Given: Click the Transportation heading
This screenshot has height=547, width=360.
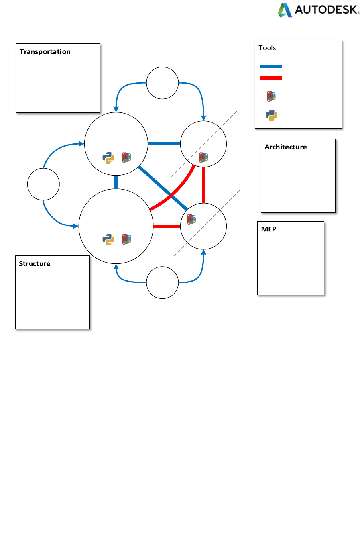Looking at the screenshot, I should point(45,52).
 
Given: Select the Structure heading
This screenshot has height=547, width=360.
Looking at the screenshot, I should point(35,264).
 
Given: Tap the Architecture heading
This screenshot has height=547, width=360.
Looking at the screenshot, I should point(285,147).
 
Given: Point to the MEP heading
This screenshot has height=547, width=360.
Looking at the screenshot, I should point(269,229).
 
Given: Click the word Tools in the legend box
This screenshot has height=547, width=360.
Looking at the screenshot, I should point(267,48).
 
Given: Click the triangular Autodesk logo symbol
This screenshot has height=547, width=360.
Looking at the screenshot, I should point(285,10).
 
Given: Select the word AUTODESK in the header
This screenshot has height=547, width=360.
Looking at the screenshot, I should point(327,10).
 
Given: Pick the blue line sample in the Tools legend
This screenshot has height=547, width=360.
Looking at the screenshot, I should point(271,67).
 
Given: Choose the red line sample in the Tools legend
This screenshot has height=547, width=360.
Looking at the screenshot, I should point(271,78).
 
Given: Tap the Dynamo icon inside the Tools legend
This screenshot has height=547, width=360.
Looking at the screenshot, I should point(271,96).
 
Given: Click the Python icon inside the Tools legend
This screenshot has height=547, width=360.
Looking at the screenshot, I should point(271,115).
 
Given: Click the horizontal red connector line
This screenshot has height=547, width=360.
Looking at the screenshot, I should point(167,226).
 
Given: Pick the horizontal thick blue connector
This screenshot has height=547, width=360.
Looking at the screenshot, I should point(164,143).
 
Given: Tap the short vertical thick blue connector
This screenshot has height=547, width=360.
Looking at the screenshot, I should point(116,182).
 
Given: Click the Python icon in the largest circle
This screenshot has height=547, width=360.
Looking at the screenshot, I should point(108,239).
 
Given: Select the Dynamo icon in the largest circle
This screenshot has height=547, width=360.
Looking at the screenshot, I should point(127,239).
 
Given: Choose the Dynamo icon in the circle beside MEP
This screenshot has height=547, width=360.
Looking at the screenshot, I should point(191,220).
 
